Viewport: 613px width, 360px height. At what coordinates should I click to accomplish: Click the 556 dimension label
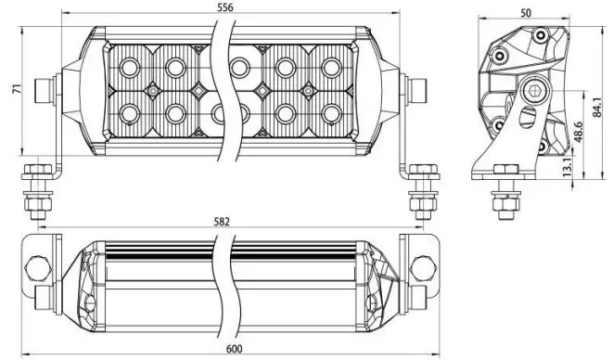click(223, 7)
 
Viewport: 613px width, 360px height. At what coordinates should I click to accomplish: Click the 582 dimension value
click(223, 222)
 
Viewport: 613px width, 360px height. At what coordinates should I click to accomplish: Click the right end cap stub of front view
click(417, 91)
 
